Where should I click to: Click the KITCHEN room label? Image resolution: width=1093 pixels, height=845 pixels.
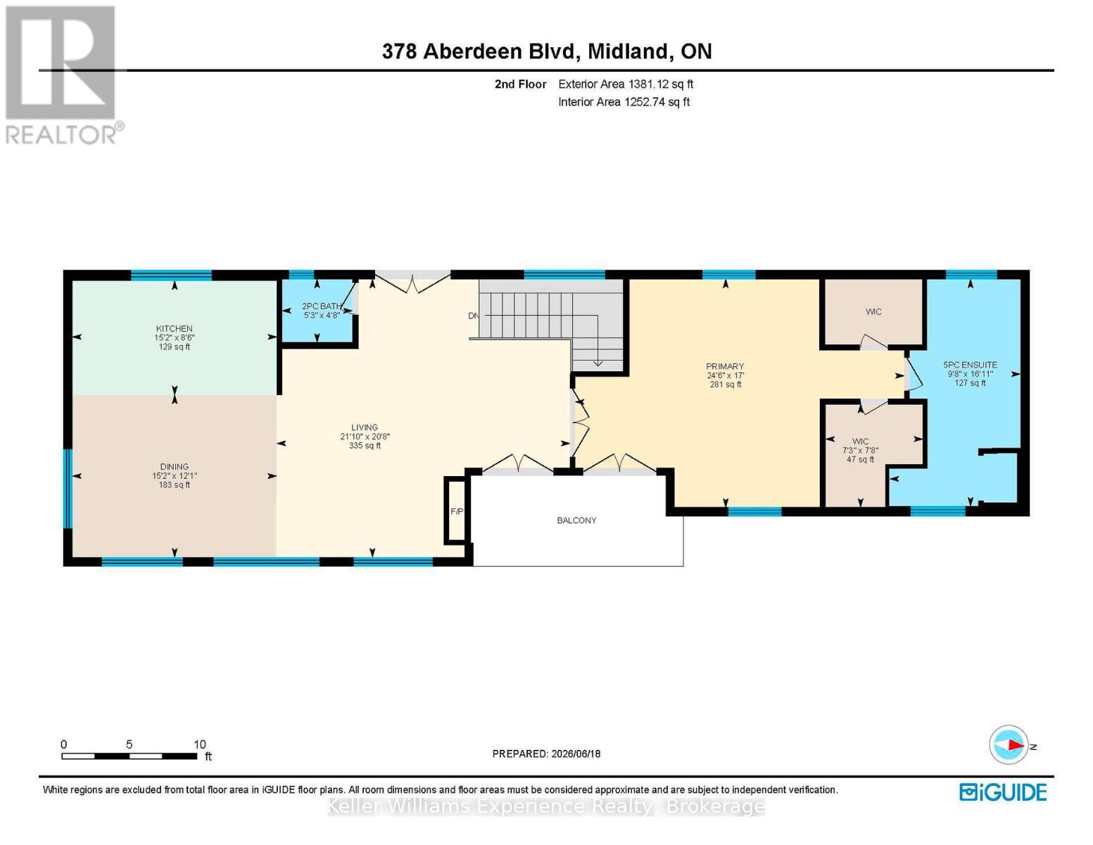coord(174,328)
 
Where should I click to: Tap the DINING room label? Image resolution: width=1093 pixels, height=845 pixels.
coord(174,467)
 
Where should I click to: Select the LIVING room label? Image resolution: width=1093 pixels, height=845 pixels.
coord(365,427)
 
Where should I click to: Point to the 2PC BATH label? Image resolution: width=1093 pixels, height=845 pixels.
coord(322,306)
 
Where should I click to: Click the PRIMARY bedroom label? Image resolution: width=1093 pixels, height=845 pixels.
coord(725,366)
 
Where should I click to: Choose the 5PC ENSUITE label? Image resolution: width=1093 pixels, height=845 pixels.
coord(970,365)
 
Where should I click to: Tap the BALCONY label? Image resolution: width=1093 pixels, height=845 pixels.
coord(576,520)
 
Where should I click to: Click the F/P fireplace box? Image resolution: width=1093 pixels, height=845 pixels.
coord(457,511)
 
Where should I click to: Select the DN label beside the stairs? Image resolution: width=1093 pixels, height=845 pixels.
coord(474,316)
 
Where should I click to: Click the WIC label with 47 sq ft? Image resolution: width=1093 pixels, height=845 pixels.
coord(860,442)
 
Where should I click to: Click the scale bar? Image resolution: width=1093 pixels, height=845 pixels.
coord(129,756)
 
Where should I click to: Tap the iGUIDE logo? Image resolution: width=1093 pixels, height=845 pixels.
coord(1003,792)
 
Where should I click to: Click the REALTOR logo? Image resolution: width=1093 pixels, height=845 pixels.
coord(63,75)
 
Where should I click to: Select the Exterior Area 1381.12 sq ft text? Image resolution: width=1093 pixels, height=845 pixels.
coord(626,84)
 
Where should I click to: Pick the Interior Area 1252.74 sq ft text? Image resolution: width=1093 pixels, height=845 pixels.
coord(624,101)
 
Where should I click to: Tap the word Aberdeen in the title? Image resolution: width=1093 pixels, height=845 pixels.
coord(472,51)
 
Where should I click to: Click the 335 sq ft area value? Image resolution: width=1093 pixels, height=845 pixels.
coord(365,446)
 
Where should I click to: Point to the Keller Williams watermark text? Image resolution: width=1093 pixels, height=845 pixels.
coord(545,807)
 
